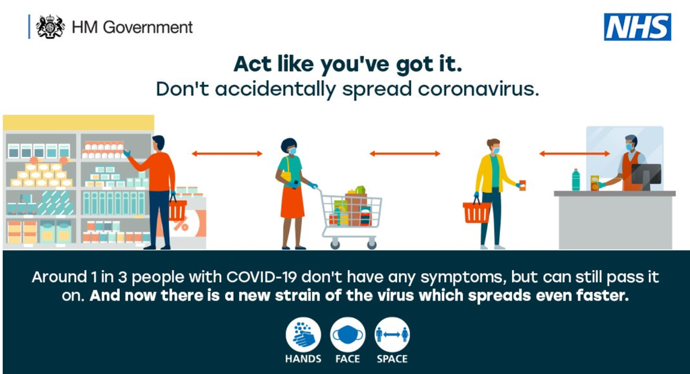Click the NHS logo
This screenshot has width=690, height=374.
click(x=637, y=27)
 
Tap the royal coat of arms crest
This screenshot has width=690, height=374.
click(x=50, y=27)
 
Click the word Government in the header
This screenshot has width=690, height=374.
click(x=148, y=27)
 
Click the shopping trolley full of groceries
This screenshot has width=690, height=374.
click(x=350, y=216)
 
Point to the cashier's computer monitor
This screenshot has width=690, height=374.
click(x=646, y=176)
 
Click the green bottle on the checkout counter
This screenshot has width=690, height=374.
click(x=575, y=180)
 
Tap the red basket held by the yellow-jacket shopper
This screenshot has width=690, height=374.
click(x=476, y=211)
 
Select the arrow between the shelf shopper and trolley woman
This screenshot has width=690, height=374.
click(x=227, y=154)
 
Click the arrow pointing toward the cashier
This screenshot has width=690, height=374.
click(x=575, y=154)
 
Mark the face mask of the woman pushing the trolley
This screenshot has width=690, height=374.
click(x=292, y=151)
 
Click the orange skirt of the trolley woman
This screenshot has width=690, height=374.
click(x=292, y=201)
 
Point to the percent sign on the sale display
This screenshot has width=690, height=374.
click(x=181, y=225)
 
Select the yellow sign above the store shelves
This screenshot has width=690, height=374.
click(x=78, y=123)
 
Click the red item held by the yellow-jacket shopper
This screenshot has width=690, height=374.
click(x=522, y=185)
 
